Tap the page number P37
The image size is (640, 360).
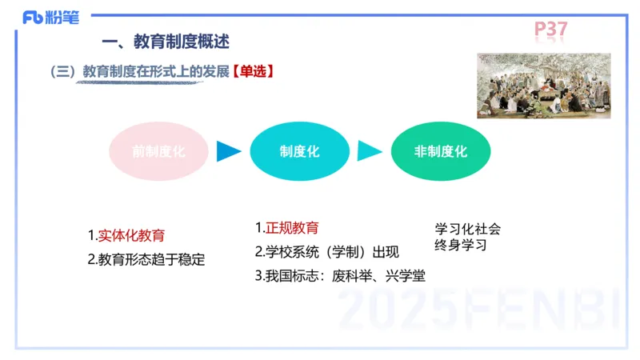(x=550, y=30)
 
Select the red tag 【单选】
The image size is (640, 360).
(x=254, y=71)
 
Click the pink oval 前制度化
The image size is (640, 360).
(x=158, y=151)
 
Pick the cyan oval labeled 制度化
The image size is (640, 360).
(x=299, y=151)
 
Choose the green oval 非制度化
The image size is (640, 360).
(x=441, y=151)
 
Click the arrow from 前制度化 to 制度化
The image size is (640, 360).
(x=229, y=151)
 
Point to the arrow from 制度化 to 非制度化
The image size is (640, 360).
(x=369, y=151)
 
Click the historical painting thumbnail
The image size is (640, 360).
(x=543, y=86)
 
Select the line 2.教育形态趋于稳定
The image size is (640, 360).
(x=146, y=259)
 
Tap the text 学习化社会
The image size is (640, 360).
(x=468, y=229)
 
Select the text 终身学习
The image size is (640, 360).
(x=461, y=245)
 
